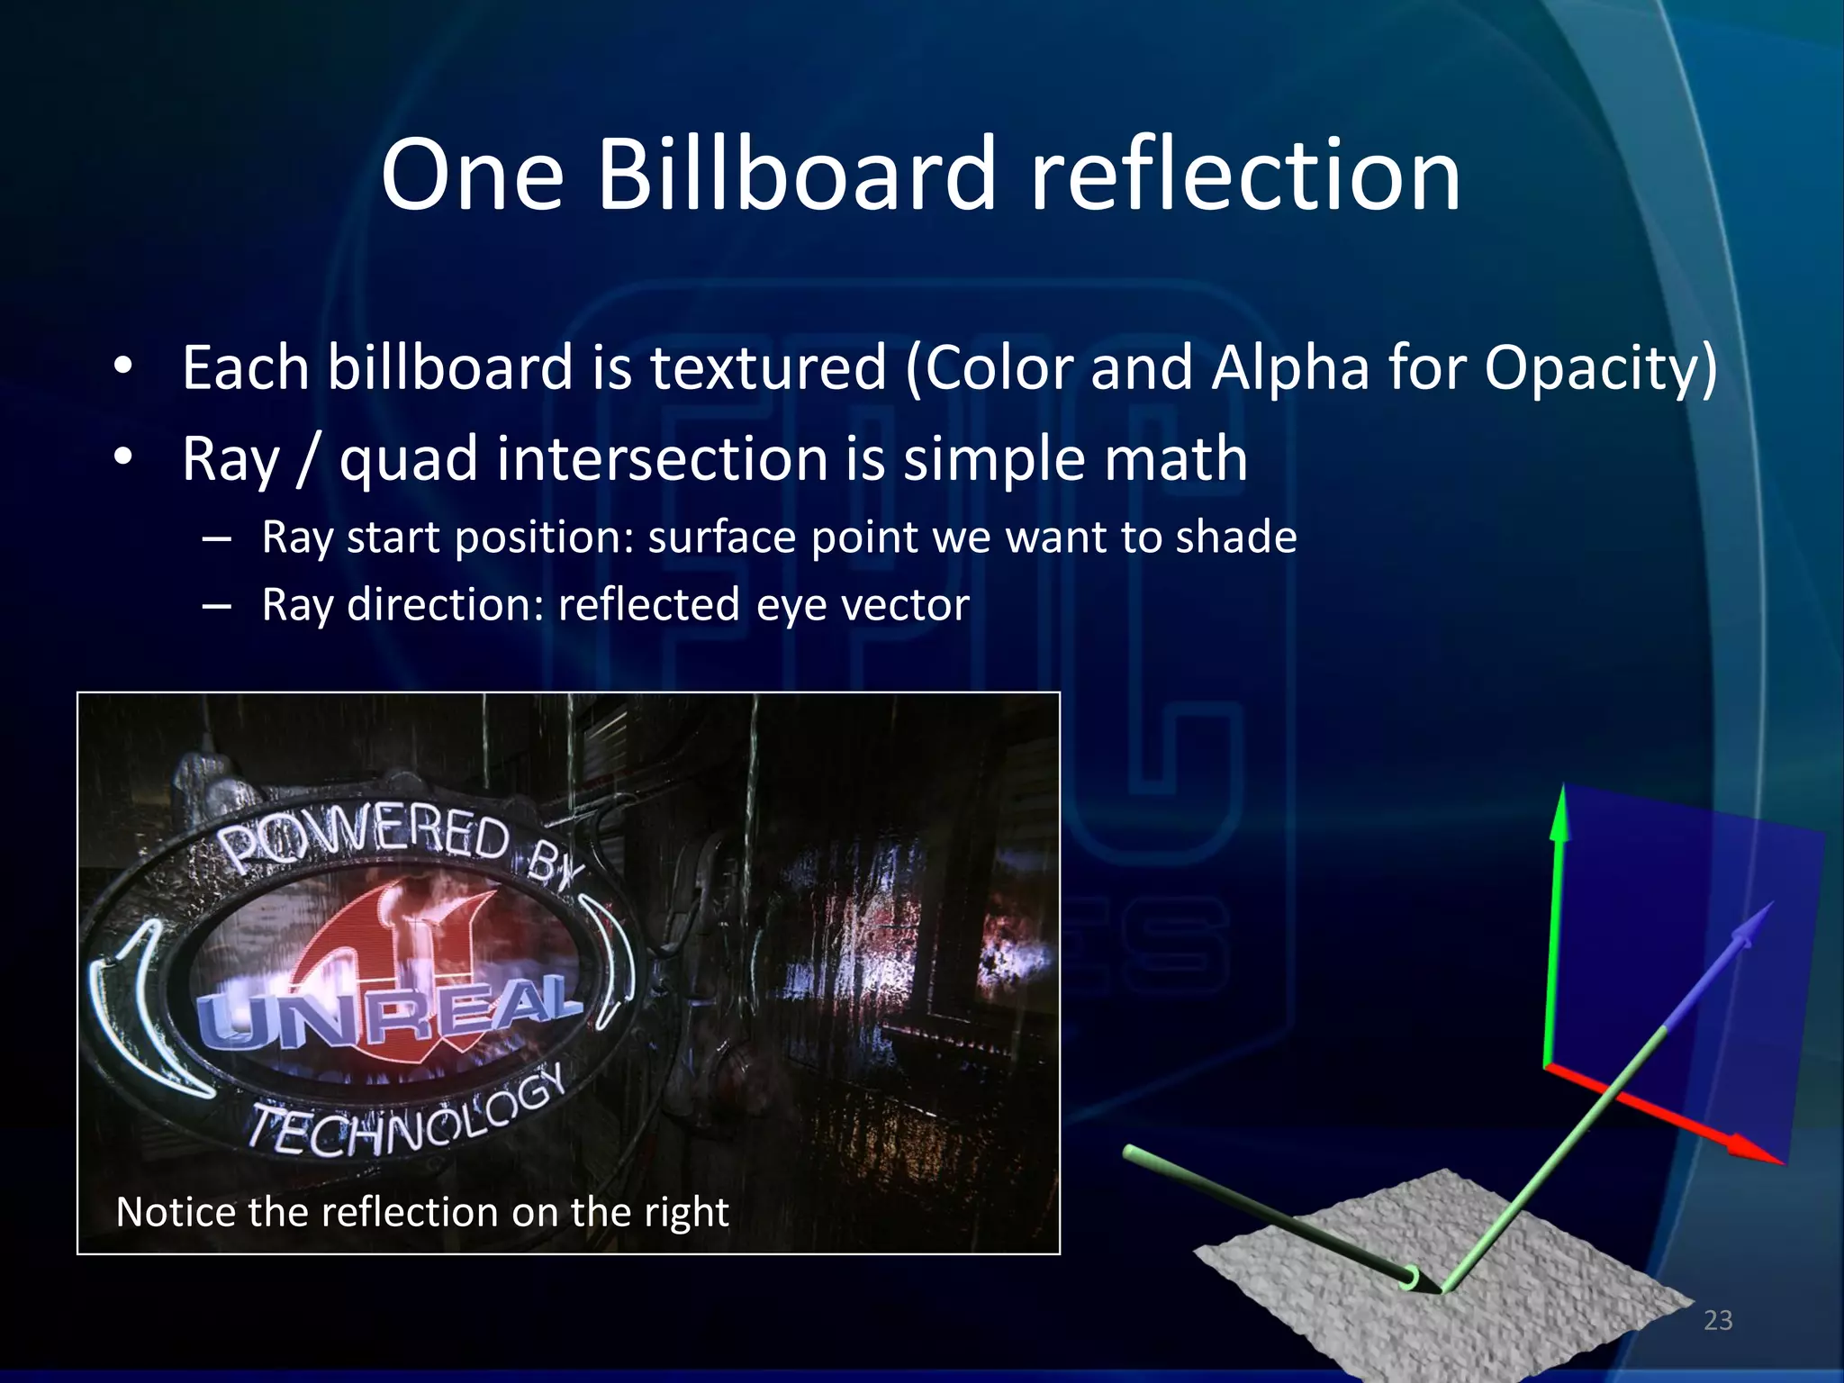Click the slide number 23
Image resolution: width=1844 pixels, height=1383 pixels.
pos(1718,1320)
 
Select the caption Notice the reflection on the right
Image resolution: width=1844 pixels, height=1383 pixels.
pos(422,1212)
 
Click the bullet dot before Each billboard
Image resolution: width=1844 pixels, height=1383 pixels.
pos(123,368)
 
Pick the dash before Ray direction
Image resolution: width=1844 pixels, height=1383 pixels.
pos(216,606)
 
